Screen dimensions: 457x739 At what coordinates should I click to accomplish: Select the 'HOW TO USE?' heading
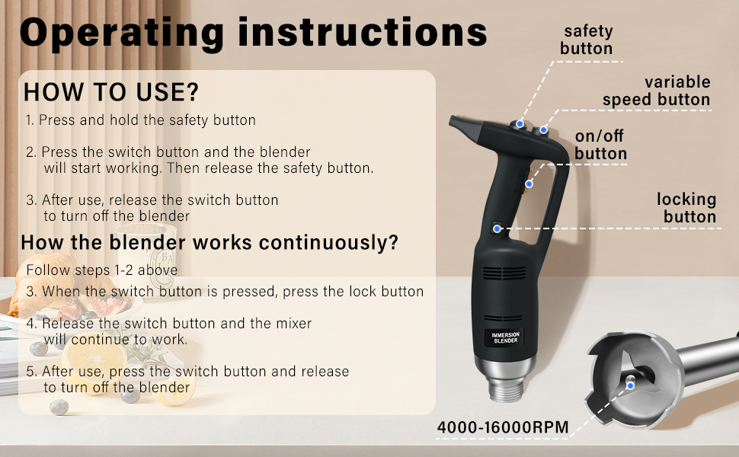pos(111,92)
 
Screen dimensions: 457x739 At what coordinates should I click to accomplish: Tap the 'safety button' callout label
pos(587,40)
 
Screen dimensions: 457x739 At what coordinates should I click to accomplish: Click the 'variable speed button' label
pos(657,91)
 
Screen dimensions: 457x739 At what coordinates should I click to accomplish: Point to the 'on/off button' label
pos(600,145)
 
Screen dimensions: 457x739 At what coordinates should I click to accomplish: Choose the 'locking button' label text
pos(687,208)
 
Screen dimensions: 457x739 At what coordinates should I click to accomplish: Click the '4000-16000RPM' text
pos(503,427)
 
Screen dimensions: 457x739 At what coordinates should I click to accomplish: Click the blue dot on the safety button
pos(520,123)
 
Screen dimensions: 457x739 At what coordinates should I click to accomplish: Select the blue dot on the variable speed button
pos(544,130)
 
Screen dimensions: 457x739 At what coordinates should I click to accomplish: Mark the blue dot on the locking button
pos(497,228)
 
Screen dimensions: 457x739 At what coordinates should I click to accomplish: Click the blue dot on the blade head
pos(630,385)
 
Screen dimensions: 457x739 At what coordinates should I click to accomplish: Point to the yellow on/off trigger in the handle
pos(528,181)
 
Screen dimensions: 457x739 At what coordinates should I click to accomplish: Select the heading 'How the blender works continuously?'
pos(210,243)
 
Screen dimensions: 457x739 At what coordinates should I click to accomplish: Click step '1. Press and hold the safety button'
pos(140,120)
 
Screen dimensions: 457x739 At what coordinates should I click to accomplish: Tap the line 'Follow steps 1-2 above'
pos(102,270)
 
